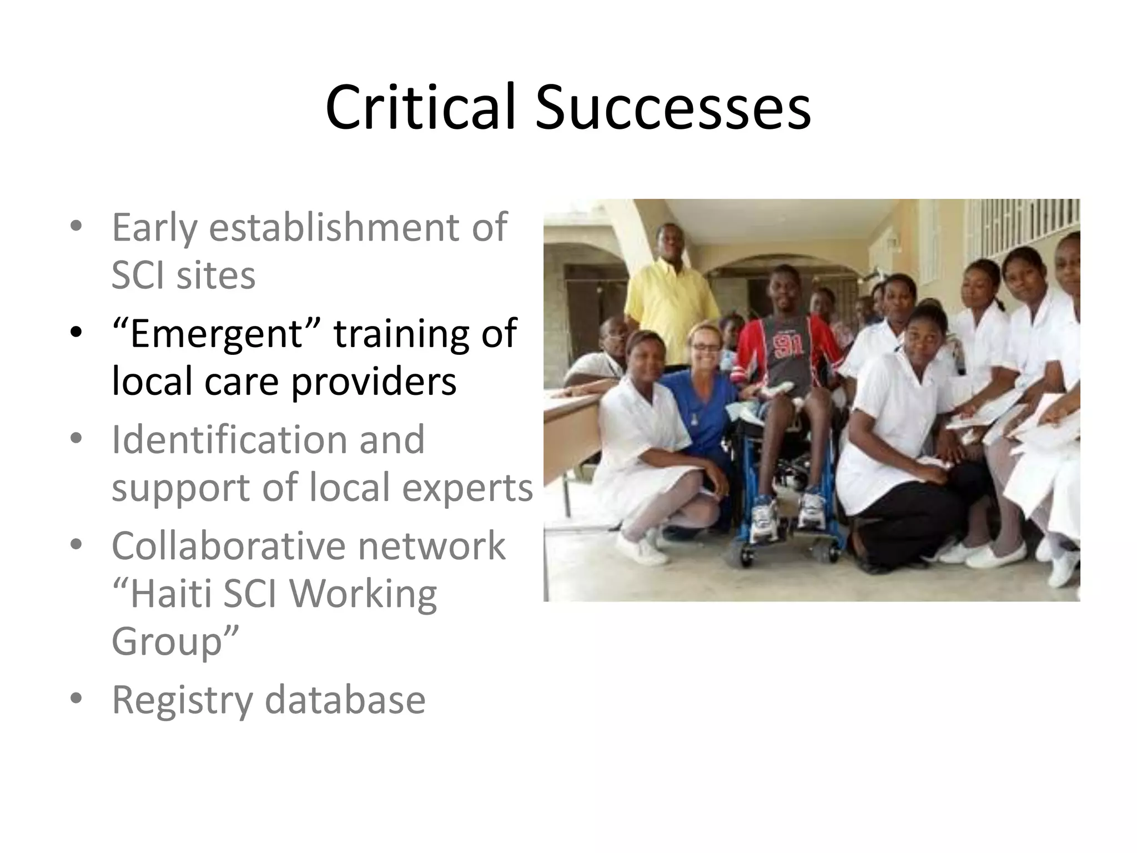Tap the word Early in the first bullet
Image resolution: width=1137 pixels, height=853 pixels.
[154, 228]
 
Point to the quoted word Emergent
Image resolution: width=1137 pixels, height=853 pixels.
[216, 334]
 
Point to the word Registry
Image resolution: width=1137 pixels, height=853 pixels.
[183, 701]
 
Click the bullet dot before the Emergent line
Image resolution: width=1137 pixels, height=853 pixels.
[76, 333]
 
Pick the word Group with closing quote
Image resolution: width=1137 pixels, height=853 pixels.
[175, 642]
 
